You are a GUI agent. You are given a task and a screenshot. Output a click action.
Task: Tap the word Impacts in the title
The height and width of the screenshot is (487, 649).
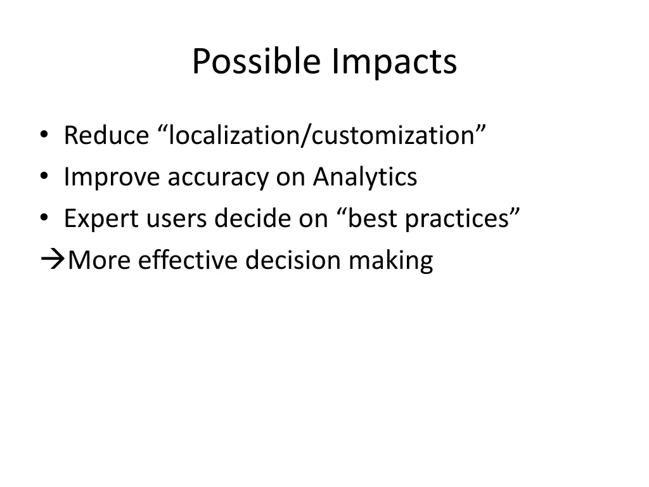(x=393, y=62)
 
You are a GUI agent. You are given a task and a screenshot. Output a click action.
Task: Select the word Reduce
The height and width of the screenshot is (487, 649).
(x=105, y=135)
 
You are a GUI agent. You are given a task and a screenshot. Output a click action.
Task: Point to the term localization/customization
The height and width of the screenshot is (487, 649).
(x=321, y=135)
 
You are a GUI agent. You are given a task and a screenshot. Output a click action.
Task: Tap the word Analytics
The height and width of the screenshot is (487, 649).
(x=364, y=177)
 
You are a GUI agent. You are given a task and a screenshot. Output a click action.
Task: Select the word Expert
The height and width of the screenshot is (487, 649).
(x=101, y=219)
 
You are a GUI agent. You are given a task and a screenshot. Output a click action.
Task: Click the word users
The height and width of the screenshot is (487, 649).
(x=176, y=219)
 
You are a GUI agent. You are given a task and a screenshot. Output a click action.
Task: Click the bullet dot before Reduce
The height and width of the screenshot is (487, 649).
(x=43, y=135)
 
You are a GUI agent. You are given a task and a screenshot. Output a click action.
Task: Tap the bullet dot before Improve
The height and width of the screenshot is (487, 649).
(x=43, y=177)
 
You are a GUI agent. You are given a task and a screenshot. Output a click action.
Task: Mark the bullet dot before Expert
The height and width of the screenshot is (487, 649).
(x=43, y=219)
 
